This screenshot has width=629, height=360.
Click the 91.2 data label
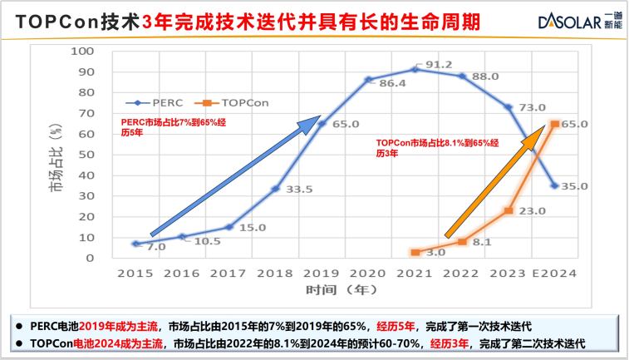(x=439, y=65)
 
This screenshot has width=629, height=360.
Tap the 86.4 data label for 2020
(x=391, y=83)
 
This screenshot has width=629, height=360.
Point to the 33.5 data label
(x=298, y=190)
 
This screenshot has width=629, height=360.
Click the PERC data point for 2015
(x=135, y=244)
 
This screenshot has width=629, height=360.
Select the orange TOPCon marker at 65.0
(x=554, y=124)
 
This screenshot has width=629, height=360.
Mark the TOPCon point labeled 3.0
(x=415, y=252)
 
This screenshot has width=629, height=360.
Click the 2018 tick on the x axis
(x=275, y=273)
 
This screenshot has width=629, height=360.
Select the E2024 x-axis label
(x=554, y=273)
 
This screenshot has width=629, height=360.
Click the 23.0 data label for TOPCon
(x=532, y=211)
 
